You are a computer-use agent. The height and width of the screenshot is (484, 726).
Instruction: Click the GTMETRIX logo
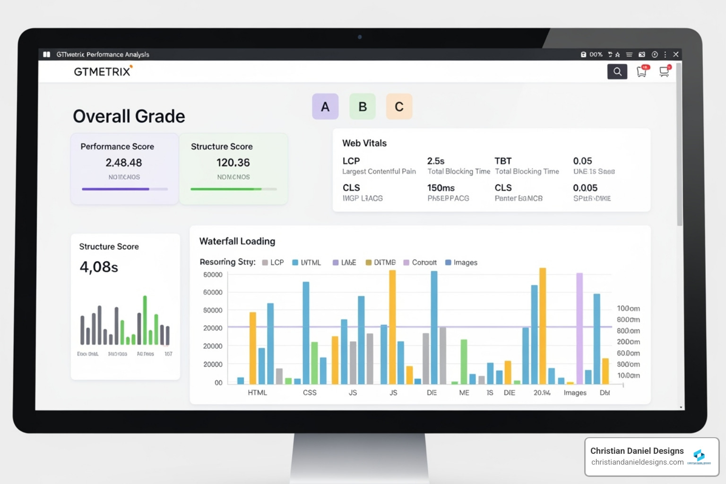(103, 71)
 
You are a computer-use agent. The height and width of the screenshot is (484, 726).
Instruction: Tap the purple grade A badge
(325, 106)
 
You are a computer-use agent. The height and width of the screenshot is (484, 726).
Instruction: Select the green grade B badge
(363, 106)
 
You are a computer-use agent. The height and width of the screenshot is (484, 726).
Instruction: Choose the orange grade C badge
(399, 106)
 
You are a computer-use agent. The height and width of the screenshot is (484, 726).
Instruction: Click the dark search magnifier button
(617, 71)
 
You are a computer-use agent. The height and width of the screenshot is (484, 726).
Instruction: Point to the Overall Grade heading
(129, 116)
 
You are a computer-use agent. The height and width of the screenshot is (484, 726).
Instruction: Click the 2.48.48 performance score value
(124, 163)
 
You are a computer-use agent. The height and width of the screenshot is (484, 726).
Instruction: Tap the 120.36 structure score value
(233, 163)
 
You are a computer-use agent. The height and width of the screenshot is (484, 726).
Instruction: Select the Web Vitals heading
(364, 143)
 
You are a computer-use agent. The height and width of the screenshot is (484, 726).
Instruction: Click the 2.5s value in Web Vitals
(436, 161)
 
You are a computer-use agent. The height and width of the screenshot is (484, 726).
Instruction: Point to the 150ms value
(441, 188)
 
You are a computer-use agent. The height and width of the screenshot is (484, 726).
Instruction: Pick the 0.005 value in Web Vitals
(585, 188)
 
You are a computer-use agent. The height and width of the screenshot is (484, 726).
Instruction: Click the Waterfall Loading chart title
(237, 241)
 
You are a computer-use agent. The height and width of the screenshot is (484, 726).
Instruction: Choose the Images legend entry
(461, 262)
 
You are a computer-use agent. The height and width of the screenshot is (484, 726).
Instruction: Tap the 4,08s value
(99, 267)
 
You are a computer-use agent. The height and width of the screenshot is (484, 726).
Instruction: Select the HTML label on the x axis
(257, 393)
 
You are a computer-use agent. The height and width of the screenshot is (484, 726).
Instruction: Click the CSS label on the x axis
(310, 393)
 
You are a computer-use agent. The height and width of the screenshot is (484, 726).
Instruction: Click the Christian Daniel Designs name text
(637, 451)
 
